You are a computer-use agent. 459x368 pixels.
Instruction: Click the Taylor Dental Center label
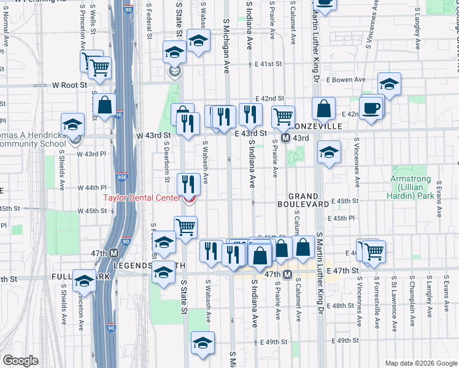141,197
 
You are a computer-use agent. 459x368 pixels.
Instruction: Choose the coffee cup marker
372,109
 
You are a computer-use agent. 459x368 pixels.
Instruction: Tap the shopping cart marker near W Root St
99,69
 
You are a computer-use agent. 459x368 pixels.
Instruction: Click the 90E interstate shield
123,178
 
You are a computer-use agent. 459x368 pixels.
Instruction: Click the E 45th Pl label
344,218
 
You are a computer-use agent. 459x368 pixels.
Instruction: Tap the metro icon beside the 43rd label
285,139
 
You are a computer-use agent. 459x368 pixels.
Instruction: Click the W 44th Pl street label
92,187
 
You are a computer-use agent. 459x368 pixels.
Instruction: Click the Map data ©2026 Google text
421,362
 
